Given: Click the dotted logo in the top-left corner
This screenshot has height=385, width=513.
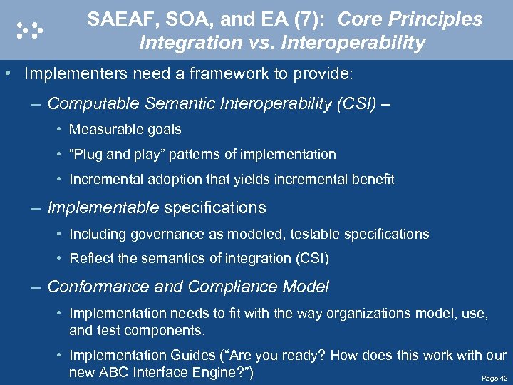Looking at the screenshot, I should (29, 29).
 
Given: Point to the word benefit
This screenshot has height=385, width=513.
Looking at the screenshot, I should (373, 180).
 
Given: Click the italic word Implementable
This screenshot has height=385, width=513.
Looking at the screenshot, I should (103, 208).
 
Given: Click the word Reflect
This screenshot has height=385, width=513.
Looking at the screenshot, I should (90, 259).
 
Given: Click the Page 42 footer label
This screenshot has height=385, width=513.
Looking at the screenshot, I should (494, 379).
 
